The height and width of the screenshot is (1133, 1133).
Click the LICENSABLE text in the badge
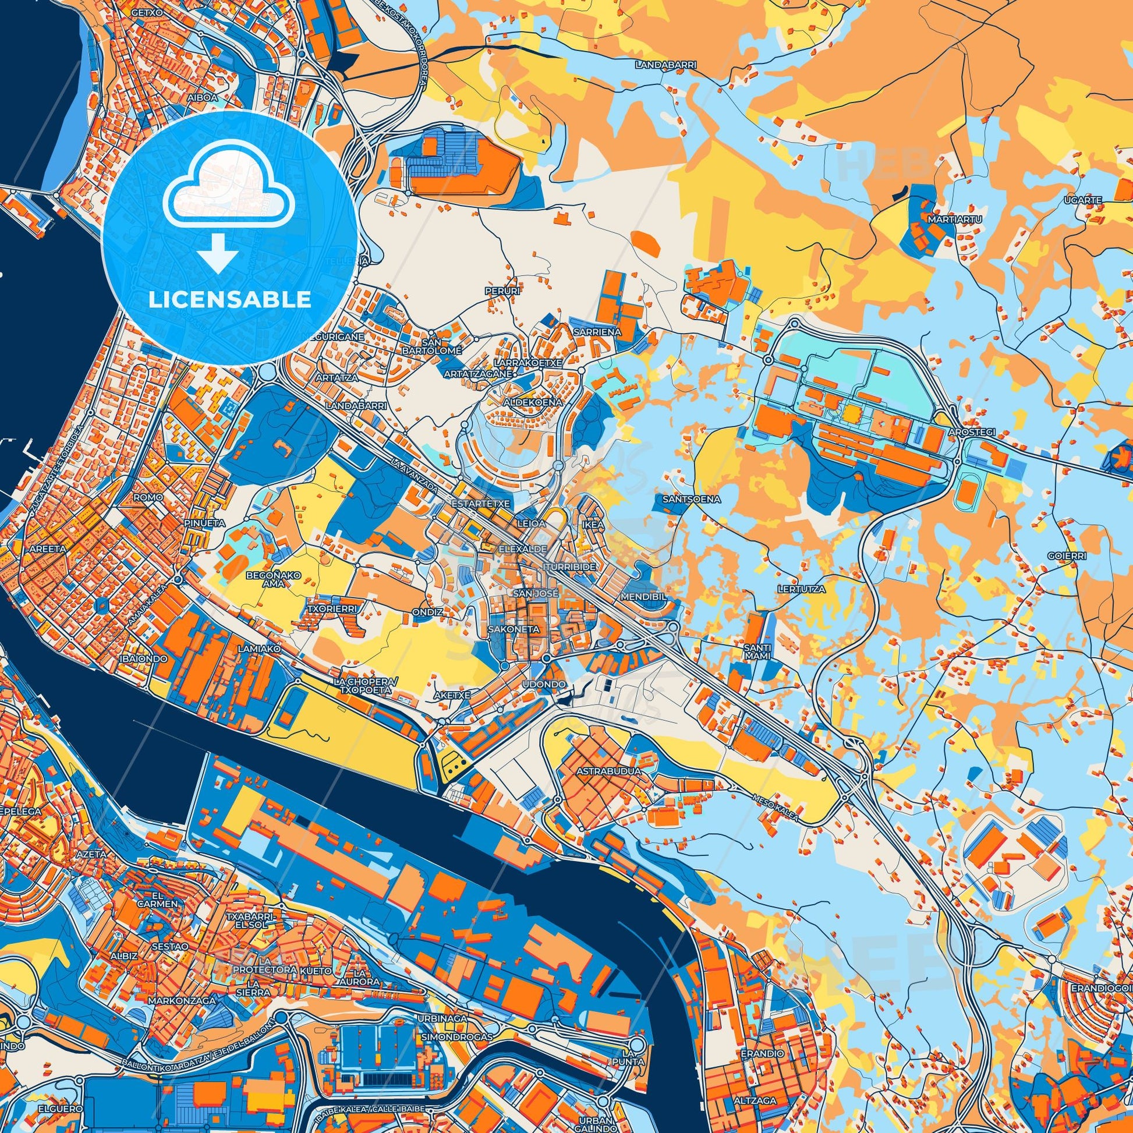(x=229, y=300)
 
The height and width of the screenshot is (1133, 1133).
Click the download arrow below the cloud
(x=217, y=252)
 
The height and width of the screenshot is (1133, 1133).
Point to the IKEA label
(x=593, y=525)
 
